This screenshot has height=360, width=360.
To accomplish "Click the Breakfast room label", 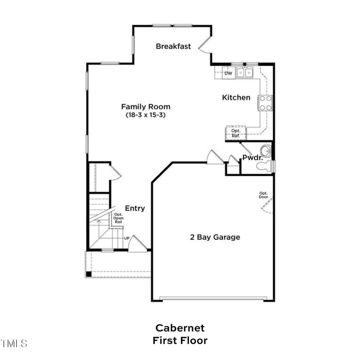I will tap(173, 46).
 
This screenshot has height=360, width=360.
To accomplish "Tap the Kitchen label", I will tap(236, 97).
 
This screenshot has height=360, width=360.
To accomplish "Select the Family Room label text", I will tap(146, 107).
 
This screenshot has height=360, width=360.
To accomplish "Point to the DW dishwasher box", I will tap(229, 73).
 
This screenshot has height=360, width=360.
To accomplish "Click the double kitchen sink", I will tap(246, 73).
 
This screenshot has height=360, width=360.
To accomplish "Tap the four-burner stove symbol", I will tap(265, 103).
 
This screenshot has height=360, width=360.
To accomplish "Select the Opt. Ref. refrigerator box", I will tap(236, 133).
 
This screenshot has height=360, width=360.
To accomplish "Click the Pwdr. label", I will tap(252, 157).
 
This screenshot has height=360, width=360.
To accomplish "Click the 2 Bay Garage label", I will tap(215, 237).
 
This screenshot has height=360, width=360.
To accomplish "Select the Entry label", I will tap(135, 208).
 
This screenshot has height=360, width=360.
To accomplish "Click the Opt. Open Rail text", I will tap(118, 218).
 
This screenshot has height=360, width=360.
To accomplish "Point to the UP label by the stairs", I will tap(126, 238).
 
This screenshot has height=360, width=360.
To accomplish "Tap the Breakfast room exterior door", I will tap(205, 44).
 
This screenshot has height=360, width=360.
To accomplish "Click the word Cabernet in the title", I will tap(180, 328).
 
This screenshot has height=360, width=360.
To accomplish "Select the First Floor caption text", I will tap(180, 340).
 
